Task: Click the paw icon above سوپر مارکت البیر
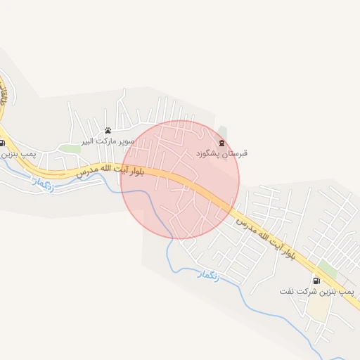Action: (x=108, y=130)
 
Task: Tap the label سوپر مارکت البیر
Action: (x=107, y=141)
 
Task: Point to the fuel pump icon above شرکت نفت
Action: (x=316, y=280)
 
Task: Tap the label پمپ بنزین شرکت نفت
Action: (x=316, y=290)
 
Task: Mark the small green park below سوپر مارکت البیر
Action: (x=70, y=148)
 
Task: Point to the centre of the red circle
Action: (x=180, y=179)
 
